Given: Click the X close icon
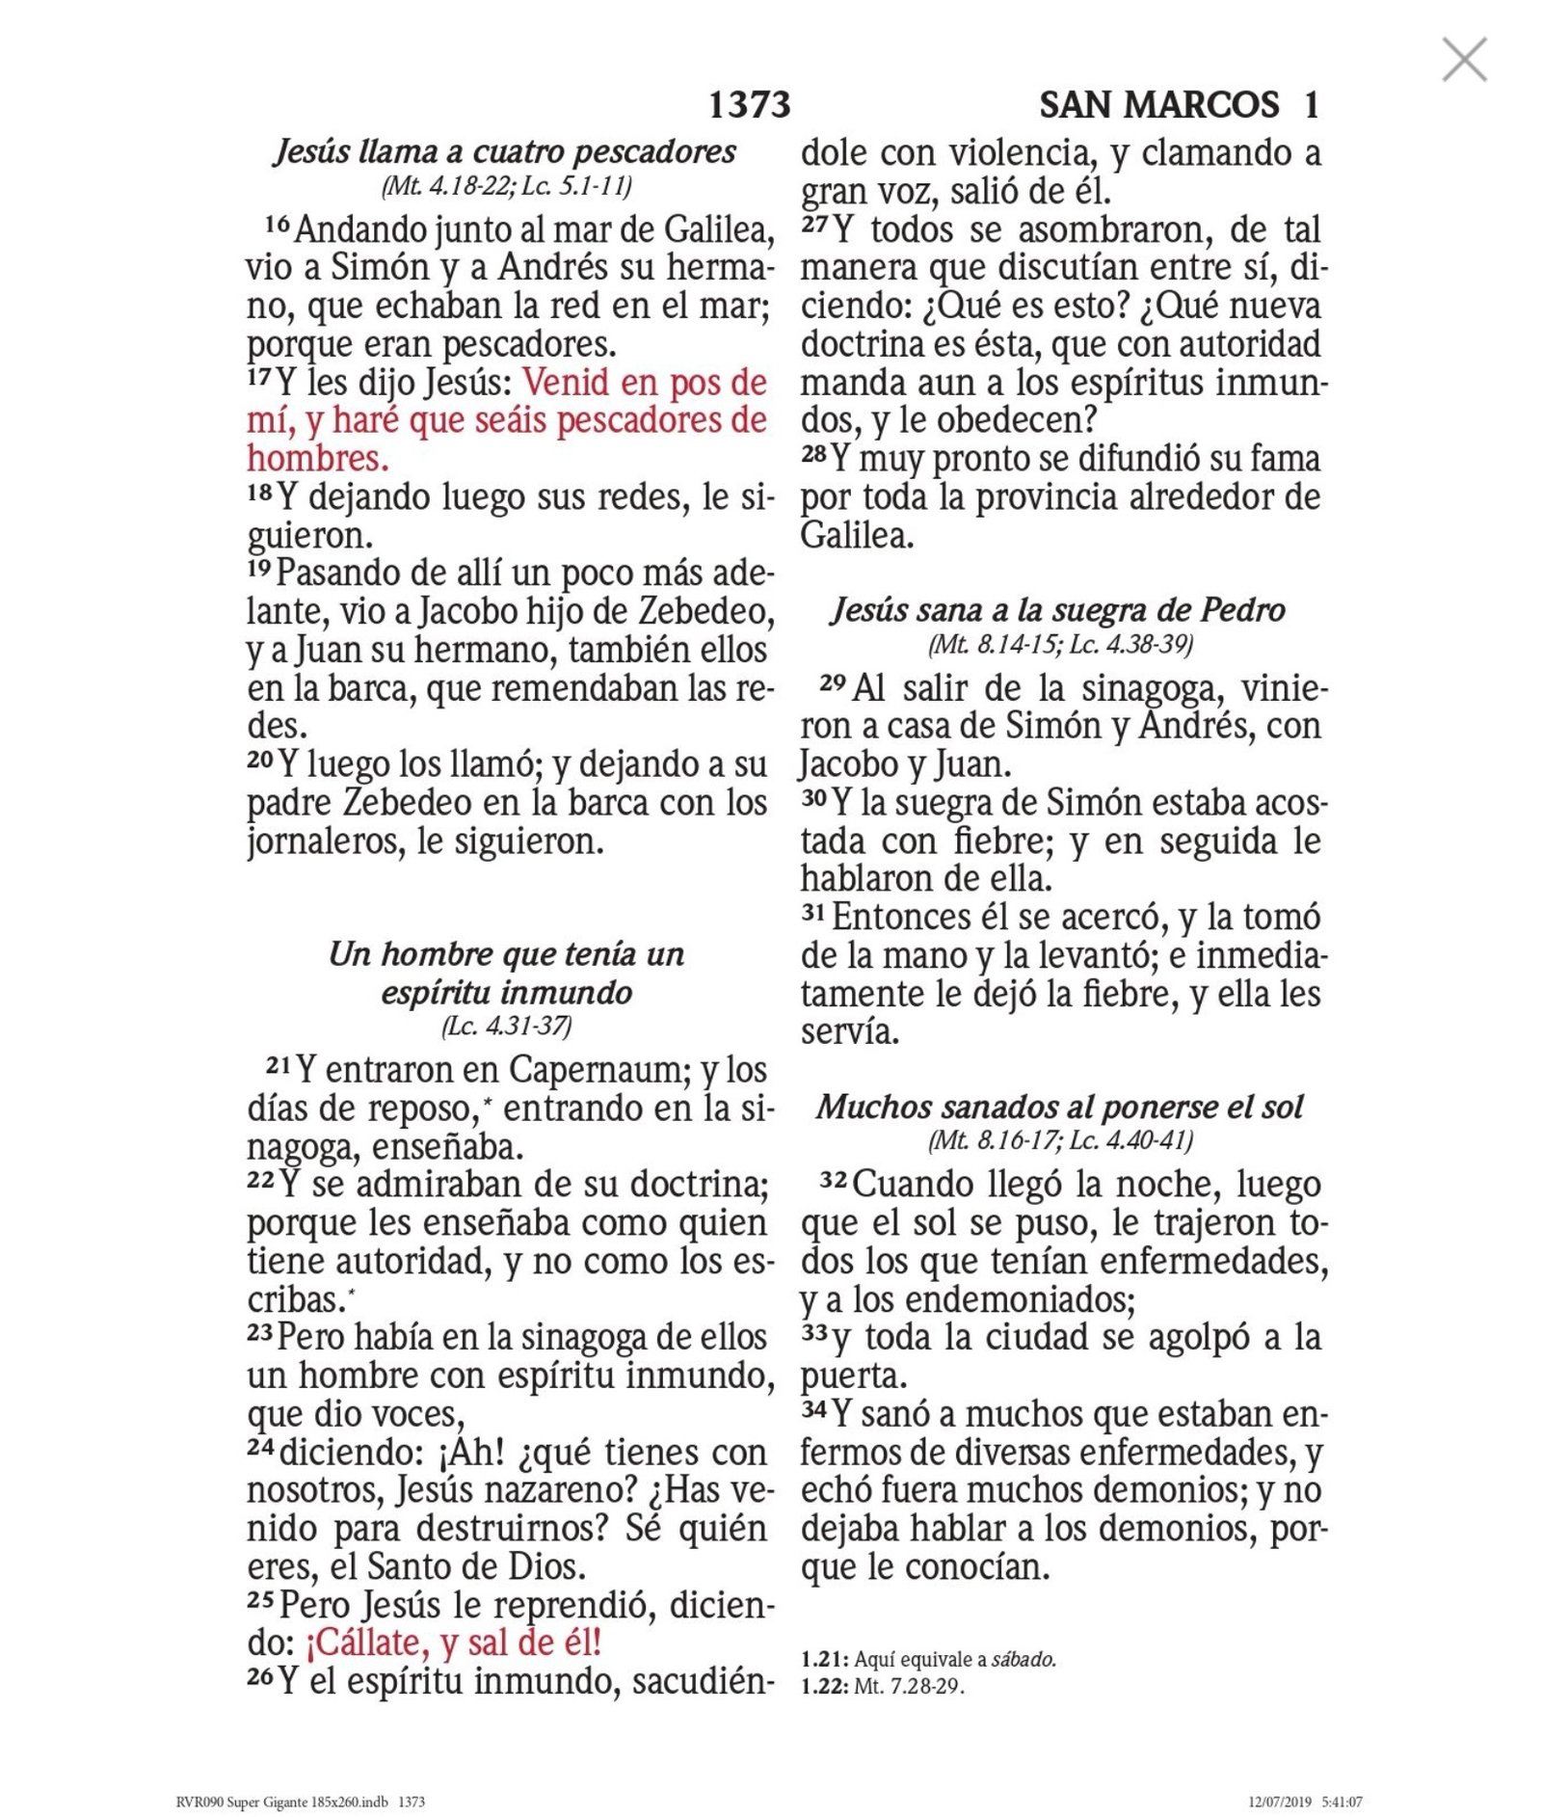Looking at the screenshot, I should [1464, 62].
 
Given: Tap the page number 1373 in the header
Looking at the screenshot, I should [749, 105].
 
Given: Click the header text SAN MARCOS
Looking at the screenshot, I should [1158, 105].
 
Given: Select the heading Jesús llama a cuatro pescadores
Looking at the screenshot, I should [505, 152].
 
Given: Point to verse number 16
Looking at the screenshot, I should [278, 225].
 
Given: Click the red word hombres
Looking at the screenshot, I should [318, 458].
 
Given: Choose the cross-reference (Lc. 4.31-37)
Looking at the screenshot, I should [506, 1026].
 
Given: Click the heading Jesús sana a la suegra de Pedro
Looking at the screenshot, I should [1058, 610].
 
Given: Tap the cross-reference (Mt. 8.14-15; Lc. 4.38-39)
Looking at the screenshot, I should [1060, 644].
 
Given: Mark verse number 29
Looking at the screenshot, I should [833, 683].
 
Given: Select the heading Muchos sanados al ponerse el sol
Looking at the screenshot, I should [1059, 1107].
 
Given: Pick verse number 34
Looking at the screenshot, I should [814, 1409].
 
